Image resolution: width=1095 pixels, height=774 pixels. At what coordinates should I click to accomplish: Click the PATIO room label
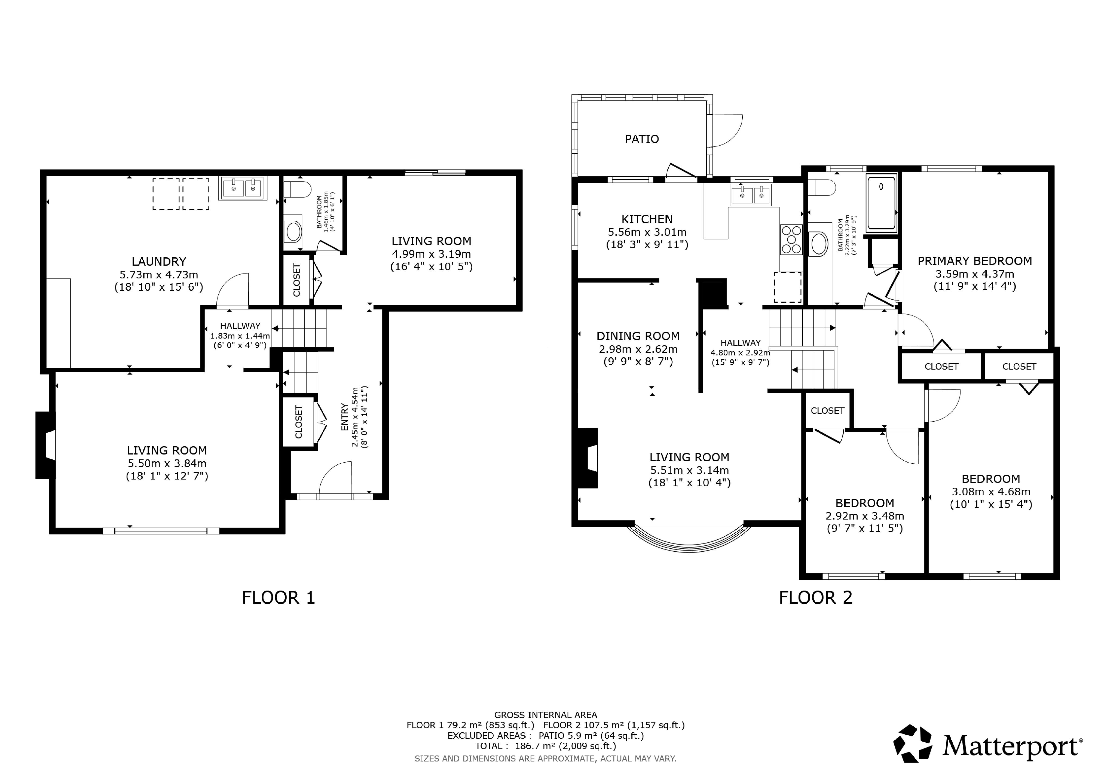pos(642,139)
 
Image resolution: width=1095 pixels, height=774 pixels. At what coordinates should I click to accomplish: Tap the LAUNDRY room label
pos(159,261)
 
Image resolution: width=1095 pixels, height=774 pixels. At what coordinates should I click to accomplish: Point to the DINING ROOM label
pos(638,336)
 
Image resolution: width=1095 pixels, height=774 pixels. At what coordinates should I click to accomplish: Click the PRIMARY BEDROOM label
pos(975,261)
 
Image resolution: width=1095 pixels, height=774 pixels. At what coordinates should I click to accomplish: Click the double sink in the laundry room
pos(243,188)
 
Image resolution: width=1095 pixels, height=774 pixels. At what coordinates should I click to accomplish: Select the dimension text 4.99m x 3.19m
pos(431,254)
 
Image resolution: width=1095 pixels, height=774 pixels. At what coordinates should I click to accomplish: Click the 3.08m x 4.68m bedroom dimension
pos(991,492)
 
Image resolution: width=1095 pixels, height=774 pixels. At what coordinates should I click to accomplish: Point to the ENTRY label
pos(345,417)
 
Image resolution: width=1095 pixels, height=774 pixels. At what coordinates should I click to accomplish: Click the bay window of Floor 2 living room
pos(689,545)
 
